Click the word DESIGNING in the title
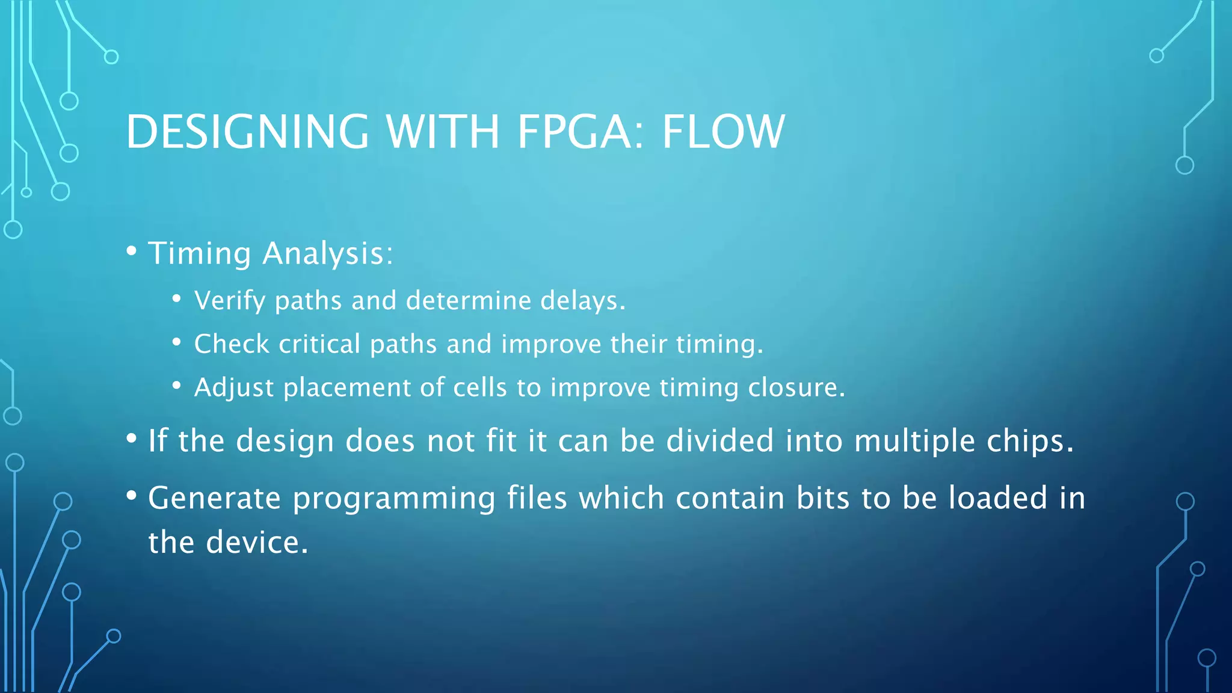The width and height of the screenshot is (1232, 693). pyautogui.click(x=247, y=132)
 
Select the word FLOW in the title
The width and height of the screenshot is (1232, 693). pyautogui.click(x=723, y=132)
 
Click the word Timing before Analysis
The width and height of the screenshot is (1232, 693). pyautogui.click(x=199, y=253)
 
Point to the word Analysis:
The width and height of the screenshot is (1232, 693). pyautogui.click(x=328, y=253)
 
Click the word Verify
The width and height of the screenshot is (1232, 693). pyautogui.click(x=230, y=301)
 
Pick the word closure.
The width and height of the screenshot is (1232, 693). pyautogui.click(x=796, y=388)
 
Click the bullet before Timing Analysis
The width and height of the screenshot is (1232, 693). pyautogui.click(x=132, y=251)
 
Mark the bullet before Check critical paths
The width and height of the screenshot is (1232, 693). pyautogui.click(x=176, y=342)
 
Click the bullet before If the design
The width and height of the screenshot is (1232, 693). pyautogui.click(x=132, y=439)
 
